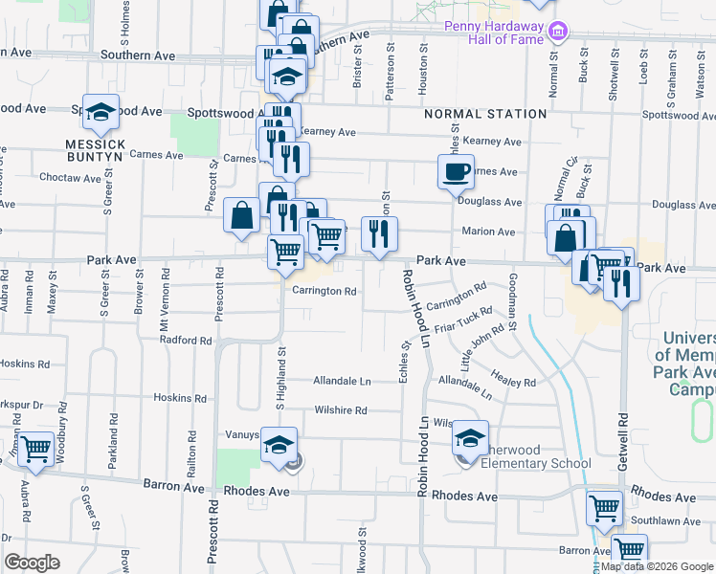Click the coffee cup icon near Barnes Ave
point(456,172)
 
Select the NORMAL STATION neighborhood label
point(485,114)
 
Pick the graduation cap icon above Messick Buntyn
point(101,113)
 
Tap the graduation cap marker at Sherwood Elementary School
point(470,438)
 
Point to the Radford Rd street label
point(186,341)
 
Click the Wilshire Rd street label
point(341,410)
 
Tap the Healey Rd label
point(517,382)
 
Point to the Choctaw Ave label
point(70,178)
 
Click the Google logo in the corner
point(33,563)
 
